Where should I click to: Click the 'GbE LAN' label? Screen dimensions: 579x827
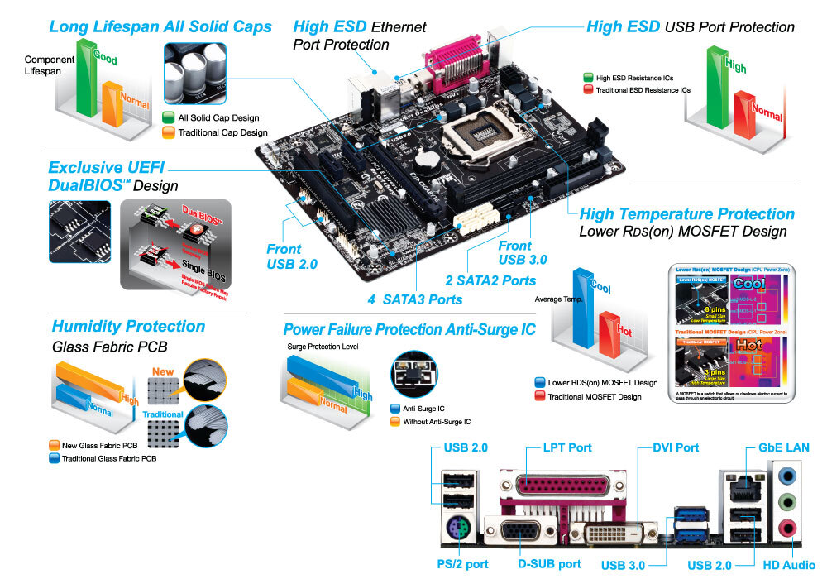pyautogui.click(x=784, y=447)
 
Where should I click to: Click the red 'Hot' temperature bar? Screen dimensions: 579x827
pyautogui.click(x=610, y=331)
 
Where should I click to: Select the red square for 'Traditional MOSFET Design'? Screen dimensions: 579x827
pyautogui.click(x=541, y=397)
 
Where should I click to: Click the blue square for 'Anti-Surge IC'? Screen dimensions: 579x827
pyautogui.click(x=394, y=408)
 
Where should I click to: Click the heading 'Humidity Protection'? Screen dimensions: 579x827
pyautogui.click(x=128, y=326)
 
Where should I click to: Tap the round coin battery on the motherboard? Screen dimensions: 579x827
pyautogui.click(x=428, y=157)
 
